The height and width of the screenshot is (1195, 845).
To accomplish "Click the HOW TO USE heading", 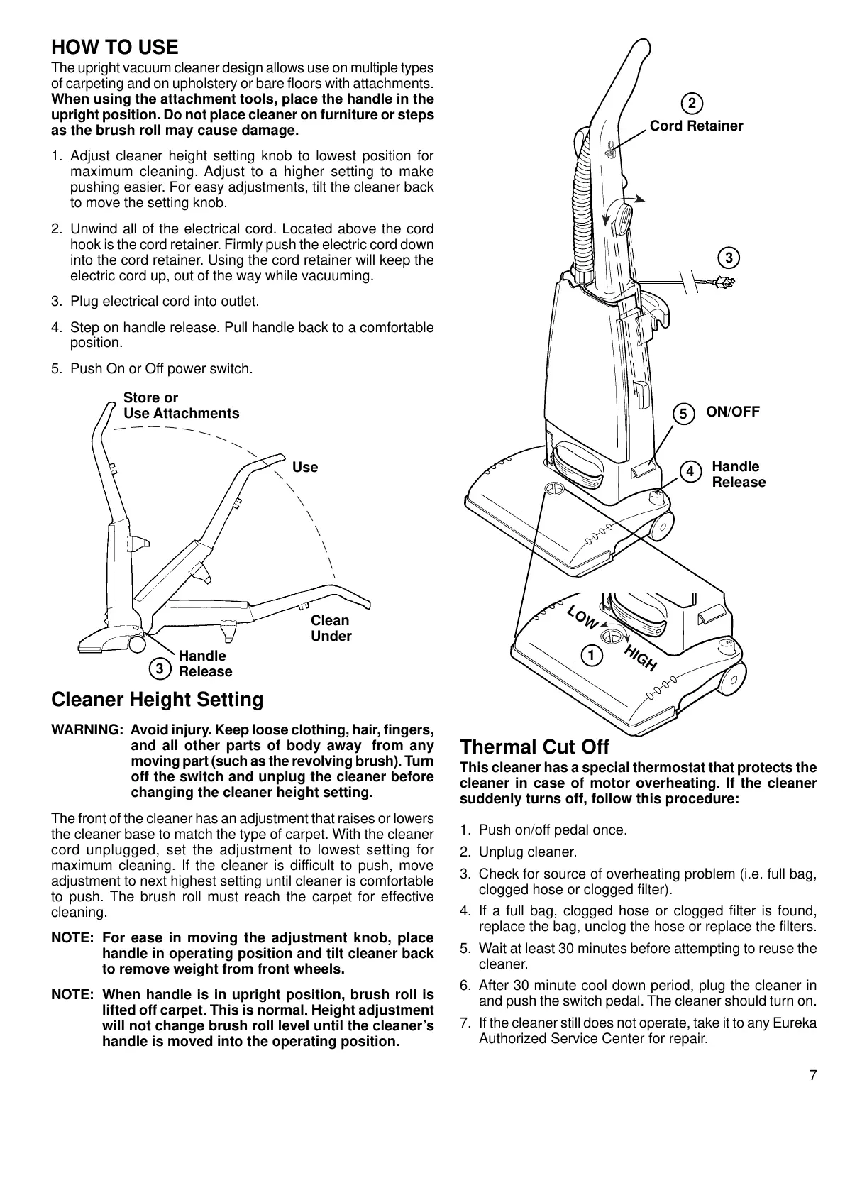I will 115,48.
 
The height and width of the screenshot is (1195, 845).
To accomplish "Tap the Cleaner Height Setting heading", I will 158,700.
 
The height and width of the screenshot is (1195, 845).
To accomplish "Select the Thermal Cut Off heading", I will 535,747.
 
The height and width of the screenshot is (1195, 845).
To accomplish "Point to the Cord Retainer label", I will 696,126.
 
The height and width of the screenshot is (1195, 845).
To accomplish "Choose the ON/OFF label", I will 733,412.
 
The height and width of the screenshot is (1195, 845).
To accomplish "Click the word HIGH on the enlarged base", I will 641,659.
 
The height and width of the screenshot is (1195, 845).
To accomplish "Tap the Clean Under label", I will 331,628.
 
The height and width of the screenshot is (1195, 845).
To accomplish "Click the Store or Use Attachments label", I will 181,405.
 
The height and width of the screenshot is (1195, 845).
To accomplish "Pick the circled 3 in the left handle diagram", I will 160,668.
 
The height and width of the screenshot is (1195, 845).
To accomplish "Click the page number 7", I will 812,1075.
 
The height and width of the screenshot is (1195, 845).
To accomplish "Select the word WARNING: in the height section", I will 87,730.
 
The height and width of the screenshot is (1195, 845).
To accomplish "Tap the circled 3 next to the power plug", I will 729,257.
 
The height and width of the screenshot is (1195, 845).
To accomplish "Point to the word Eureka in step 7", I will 795,1023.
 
